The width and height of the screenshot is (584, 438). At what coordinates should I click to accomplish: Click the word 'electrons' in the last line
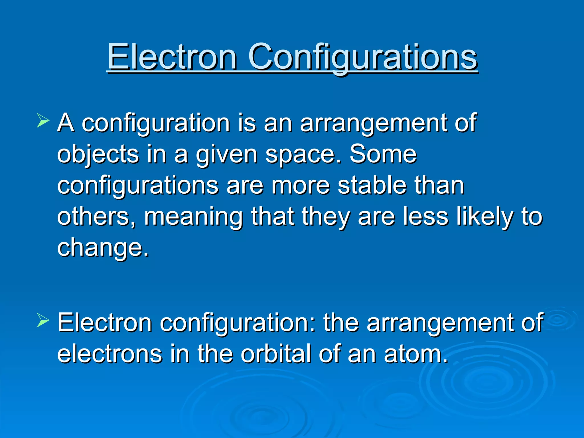tap(109, 354)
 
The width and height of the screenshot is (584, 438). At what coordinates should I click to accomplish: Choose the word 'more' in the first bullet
tap(301, 186)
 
